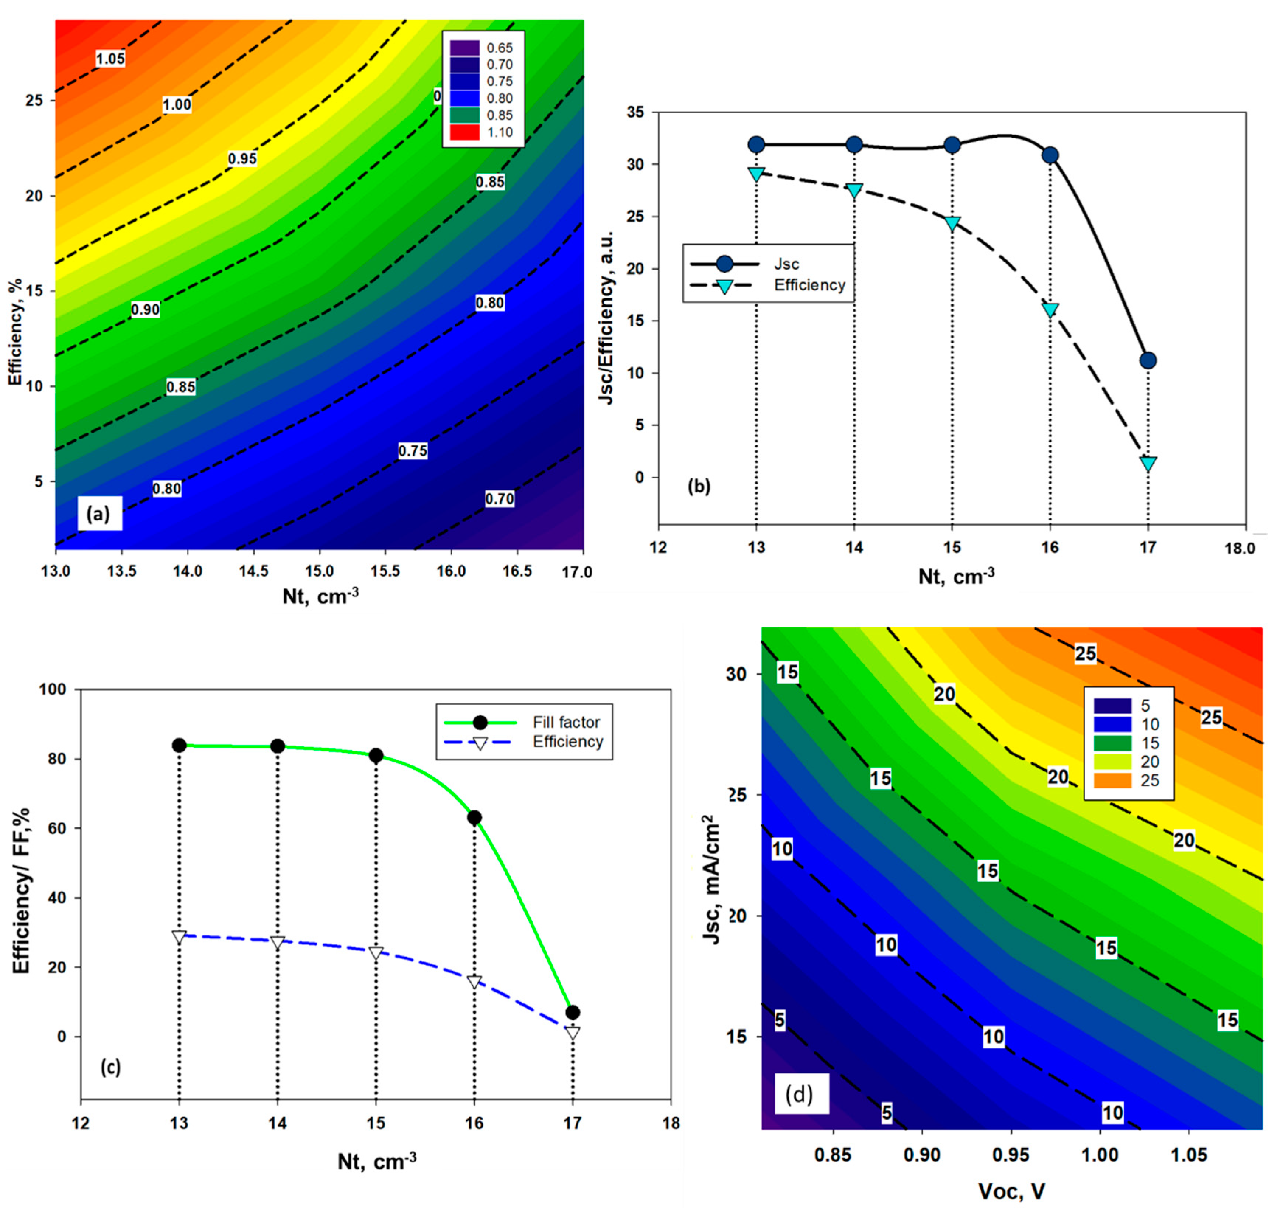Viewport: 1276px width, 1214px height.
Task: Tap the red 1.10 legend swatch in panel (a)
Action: pos(465,132)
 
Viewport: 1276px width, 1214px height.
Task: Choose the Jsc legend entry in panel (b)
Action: pos(786,264)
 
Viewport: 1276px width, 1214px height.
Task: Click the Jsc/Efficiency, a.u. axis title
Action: pos(606,317)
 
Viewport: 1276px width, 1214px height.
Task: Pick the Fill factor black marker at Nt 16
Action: pos(474,817)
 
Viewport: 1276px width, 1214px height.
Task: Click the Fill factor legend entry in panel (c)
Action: pos(566,722)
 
